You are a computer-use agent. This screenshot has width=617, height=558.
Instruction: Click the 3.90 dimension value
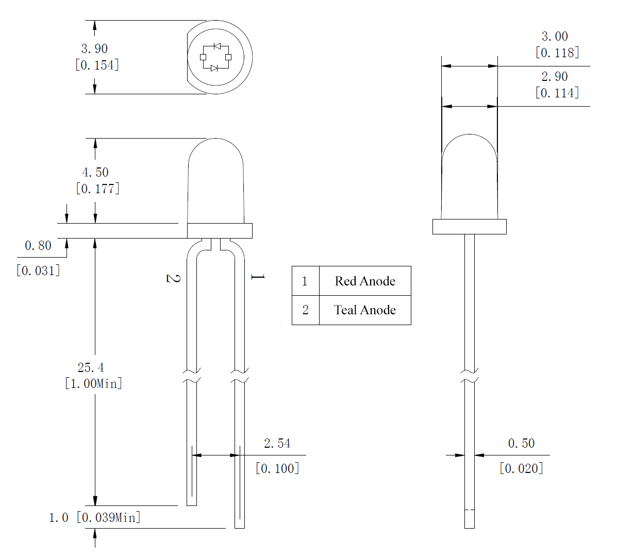(x=94, y=49)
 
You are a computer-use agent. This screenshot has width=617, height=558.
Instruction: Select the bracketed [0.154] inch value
(x=97, y=65)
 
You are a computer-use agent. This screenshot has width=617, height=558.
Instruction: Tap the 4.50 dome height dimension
(x=95, y=172)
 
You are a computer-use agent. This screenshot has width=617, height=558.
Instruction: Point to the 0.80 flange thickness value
(x=38, y=246)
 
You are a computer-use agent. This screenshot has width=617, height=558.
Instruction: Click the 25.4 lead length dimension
(x=91, y=367)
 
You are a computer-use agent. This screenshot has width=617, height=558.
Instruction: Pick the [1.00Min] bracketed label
(x=93, y=383)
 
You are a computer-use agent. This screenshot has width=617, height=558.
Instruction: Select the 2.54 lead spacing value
(x=277, y=443)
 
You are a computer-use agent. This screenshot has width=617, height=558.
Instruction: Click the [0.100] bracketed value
(x=277, y=468)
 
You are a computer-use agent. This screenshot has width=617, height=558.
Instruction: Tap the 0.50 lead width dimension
(x=521, y=443)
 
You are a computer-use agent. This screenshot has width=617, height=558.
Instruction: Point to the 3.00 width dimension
(x=555, y=37)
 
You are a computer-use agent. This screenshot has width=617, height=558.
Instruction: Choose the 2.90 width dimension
(x=555, y=77)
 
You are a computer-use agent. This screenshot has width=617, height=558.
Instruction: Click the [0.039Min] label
(x=108, y=517)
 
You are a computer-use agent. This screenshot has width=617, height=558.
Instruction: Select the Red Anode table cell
(x=365, y=281)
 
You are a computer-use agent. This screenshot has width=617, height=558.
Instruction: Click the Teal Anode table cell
(x=365, y=310)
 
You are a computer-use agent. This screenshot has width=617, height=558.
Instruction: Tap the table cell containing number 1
(x=305, y=281)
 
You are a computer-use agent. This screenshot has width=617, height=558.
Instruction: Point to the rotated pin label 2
(x=173, y=278)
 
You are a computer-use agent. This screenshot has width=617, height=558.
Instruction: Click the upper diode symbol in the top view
(x=217, y=46)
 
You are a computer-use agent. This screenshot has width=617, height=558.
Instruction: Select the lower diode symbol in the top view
(x=214, y=68)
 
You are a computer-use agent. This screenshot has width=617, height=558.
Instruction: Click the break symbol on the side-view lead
(x=469, y=376)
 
